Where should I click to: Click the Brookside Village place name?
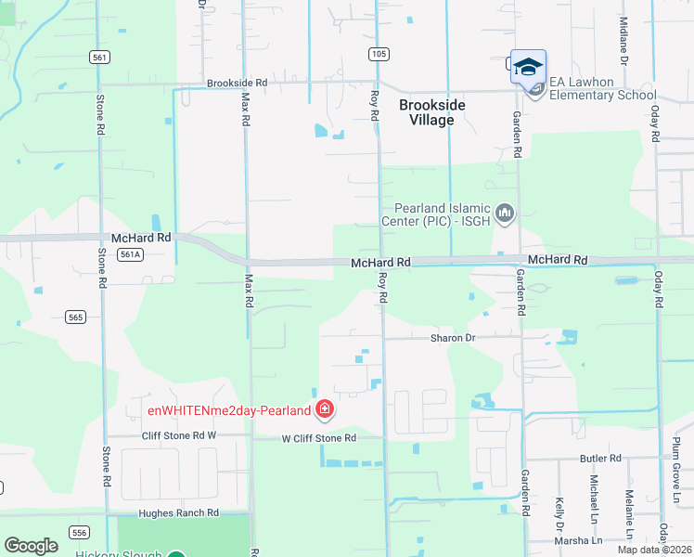(432, 112)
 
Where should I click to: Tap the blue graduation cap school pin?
(528, 67)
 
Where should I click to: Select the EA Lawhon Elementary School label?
(602, 88)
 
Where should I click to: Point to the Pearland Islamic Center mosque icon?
(505, 214)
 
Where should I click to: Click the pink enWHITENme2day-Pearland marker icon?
(325, 409)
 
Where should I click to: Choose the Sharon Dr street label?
(453, 338)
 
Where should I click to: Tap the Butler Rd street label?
(600, 459)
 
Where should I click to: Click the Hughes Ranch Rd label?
(178, 512)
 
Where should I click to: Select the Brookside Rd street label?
(237, 83)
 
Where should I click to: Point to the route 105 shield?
(378, 55)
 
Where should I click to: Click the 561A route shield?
(131, 254)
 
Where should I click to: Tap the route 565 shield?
(77, 317)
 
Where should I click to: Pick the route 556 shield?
(81, 532)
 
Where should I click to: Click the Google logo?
(31, 546)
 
